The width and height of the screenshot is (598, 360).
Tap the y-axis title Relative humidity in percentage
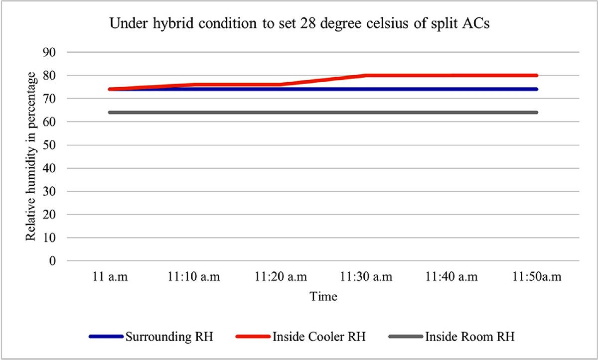point(31,156)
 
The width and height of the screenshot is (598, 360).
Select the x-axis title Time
point(323,297)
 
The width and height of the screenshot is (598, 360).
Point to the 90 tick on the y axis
point(50,52)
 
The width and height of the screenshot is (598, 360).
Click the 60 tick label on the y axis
point(50,122)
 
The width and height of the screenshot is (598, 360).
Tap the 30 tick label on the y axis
point(50,191)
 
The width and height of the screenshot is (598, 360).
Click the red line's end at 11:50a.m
point(537,75)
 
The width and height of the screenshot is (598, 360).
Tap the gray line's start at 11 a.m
point(110,113)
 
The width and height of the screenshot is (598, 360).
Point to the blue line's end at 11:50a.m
point(537,89)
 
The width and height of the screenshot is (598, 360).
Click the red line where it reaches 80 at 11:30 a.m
point(366,75)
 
